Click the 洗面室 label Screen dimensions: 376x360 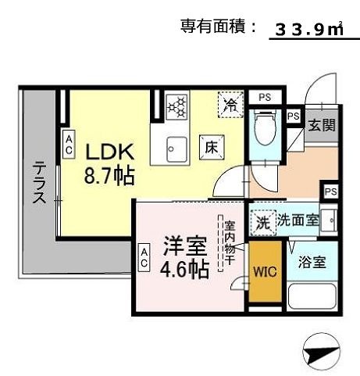300,220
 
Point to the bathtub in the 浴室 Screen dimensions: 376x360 312,296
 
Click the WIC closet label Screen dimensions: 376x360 263,274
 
